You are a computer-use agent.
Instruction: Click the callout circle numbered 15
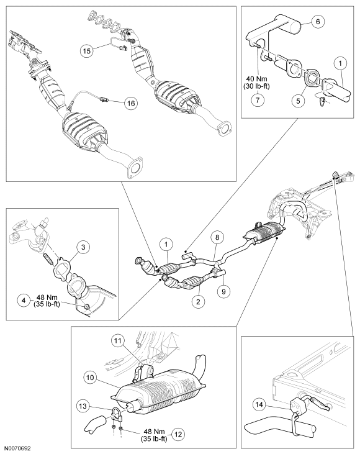click(x=87, y=51)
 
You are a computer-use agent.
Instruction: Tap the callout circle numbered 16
click(x=131, y=103)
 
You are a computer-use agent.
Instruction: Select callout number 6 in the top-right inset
click(x=318, y=21)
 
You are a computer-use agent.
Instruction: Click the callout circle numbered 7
click(x=258, y=100)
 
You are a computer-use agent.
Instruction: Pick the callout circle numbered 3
click(x=83, y=247)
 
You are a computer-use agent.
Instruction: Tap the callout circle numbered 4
click(x=24, y=300)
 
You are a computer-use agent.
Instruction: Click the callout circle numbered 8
click(x=217, y=237)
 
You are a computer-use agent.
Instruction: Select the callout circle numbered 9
click(x=223, y=291)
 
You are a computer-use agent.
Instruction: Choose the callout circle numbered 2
click(x=198, y=302)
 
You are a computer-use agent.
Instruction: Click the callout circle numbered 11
click(x=119, y=341)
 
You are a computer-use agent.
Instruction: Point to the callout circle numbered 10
click(x=90, y=378)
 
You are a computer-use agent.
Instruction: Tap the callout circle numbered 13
click(x=83, y=406)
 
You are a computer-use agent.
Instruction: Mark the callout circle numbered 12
click(x=179, y=434)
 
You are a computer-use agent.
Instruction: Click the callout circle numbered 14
click(x=259, y=404)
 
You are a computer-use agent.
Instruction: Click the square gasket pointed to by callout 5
click(x=312, y=78)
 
